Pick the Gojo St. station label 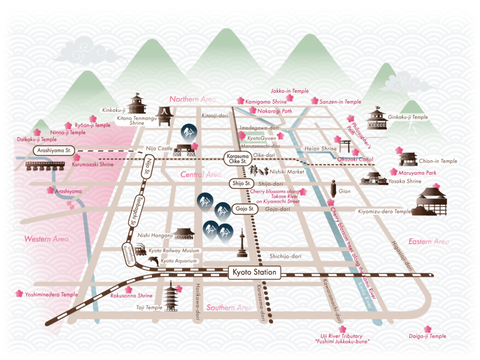pos(244,208)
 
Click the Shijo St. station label pos(241,183)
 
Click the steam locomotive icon pos(140,249)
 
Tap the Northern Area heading pos(192,99)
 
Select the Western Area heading pos(46,239)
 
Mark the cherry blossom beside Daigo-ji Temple pos(427,329)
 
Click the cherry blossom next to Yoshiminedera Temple pos(19,293)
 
